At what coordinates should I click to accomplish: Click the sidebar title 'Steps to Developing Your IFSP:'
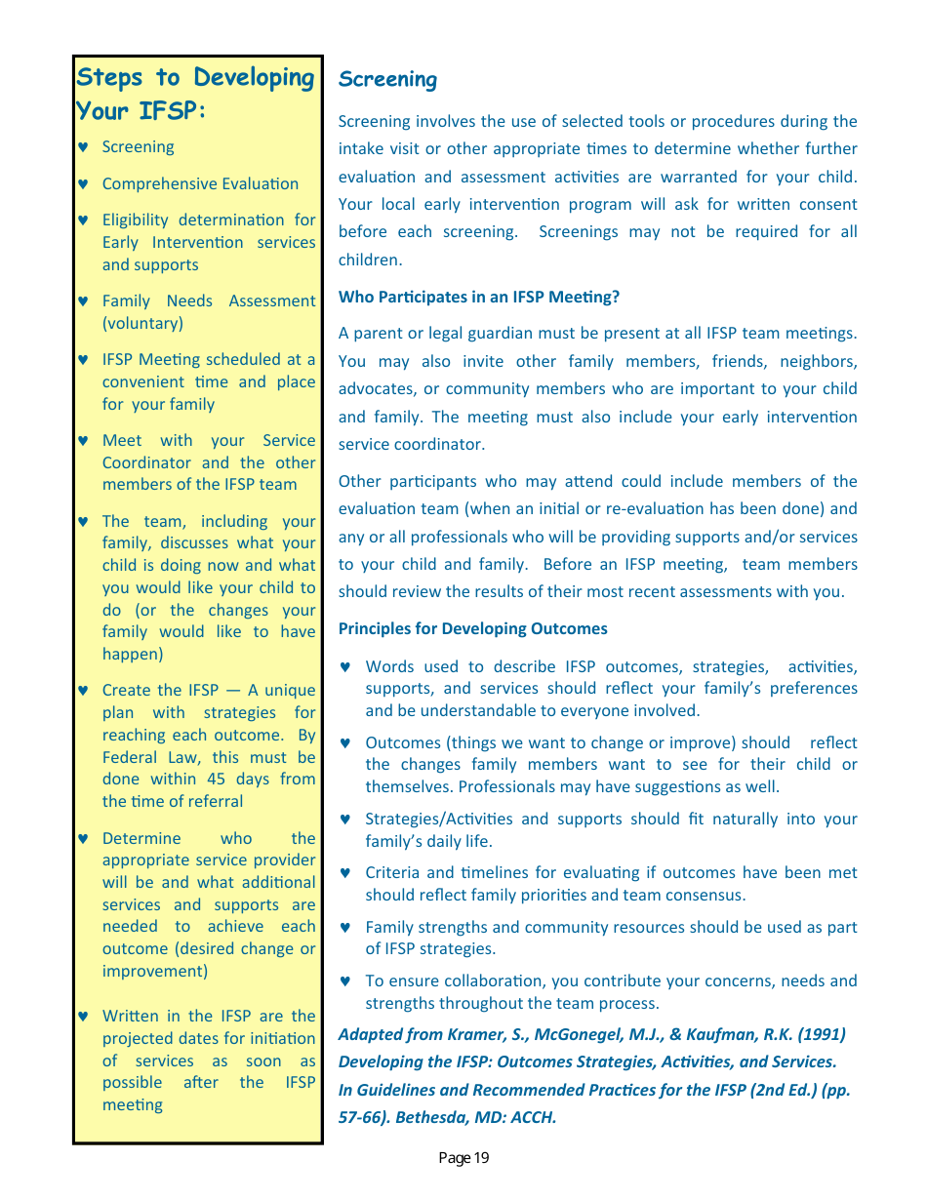click(x=195, y=94)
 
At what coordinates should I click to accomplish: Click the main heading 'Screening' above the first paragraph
click(x=387, y=80)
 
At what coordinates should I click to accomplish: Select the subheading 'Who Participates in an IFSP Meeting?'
click(x=478, y=297)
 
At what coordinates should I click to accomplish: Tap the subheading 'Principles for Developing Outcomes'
click(x=472, y=628)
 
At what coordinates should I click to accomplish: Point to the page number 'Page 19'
click(x=463, y=1158)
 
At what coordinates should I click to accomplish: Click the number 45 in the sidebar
click(x=218, y=779)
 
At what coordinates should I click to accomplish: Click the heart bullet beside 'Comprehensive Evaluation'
click(x=83, y=184)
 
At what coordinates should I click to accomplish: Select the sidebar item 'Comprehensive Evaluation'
click(x=200, y=183)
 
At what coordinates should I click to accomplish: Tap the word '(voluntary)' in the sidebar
click(x=142, y=323)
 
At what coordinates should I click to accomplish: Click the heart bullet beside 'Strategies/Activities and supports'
click(x=344, y=820)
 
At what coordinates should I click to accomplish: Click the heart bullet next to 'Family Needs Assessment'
click(x=83, y=301)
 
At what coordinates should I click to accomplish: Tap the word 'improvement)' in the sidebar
click(x=154, y=971)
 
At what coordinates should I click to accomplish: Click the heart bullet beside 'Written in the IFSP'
click(x=83, y=1017)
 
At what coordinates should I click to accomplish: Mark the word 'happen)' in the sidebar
click(x=133, y=654)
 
